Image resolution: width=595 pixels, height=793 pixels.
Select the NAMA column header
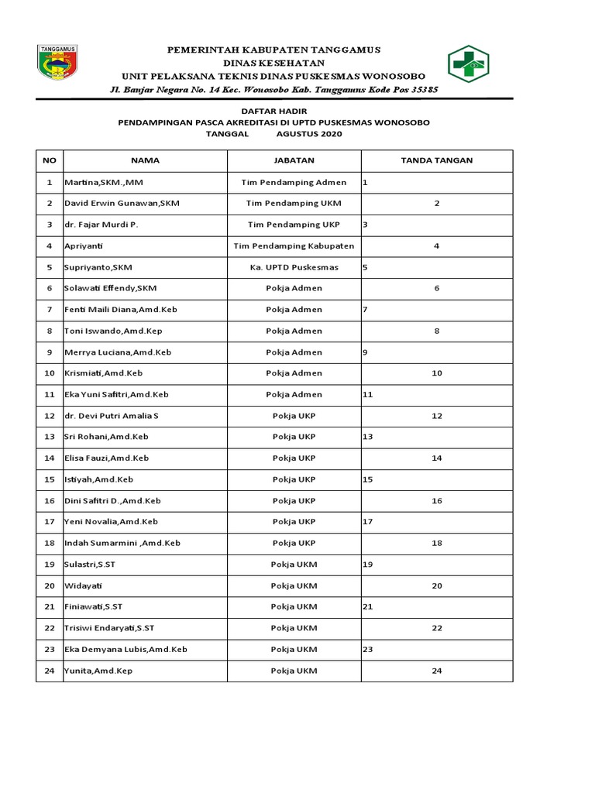coord(145,160)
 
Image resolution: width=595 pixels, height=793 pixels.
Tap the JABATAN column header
coord(294,160)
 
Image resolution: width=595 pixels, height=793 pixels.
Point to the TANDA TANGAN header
coord(436,160)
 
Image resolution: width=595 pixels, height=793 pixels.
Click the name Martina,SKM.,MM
coord(103,182)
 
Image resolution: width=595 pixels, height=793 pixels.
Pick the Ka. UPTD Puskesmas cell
coord(294,267)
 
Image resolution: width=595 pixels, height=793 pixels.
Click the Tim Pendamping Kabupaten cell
coord(294,245)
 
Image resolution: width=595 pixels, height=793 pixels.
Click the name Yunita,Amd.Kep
coord(98,671)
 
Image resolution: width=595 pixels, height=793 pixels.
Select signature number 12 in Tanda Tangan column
coord(437,416)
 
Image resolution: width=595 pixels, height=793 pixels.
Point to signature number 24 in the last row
coord(437,671)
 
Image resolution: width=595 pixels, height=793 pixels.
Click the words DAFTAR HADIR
coord(273,112)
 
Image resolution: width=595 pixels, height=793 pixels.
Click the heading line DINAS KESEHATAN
coord(273,63)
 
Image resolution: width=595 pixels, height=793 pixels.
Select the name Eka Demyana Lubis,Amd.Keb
coord(126,649)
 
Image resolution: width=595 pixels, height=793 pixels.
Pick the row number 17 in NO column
coord(50,522)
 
